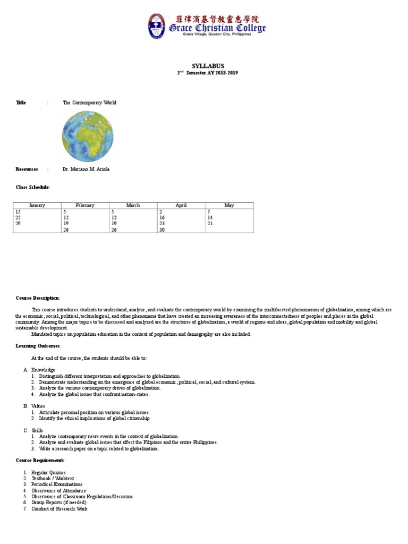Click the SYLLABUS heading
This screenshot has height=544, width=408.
(204, 66)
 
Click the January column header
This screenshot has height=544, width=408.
(37, 205)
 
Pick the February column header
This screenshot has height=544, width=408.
(85, 205)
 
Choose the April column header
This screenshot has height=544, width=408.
(181, 205)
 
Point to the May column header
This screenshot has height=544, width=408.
(229, 205)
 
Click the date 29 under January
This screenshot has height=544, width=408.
(18, 224)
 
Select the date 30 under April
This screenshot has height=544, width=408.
(162, 229)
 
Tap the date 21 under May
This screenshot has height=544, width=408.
(210, 224)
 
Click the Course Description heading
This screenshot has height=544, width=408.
(38, 298)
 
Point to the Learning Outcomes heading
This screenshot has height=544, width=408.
(39, 346)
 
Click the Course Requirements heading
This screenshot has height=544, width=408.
(40, 460)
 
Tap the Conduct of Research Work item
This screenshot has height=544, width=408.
(59, 509)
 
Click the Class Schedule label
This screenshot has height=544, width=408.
(33, 187)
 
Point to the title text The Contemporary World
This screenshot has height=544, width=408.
(89, 103)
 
